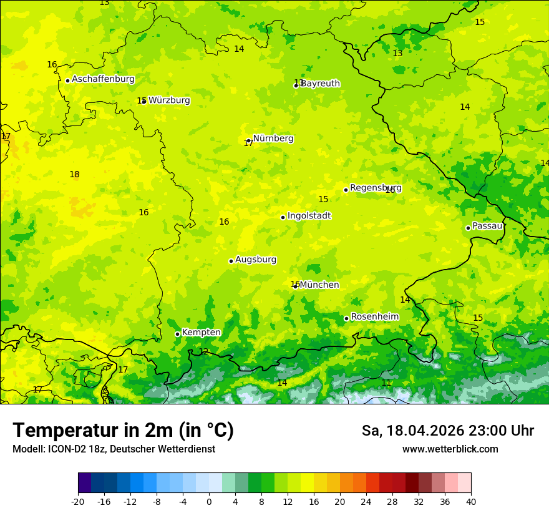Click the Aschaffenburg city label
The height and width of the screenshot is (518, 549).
pos(103,79)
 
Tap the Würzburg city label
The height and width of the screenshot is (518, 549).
pos(169,100)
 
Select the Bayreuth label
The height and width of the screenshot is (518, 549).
pos(321,84)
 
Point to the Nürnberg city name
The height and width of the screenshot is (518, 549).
pos(273,139)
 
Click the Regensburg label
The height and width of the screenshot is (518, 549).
pos(376,188)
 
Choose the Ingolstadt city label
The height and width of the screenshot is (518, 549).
pos(309,216)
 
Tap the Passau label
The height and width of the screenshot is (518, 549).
pos(487,226)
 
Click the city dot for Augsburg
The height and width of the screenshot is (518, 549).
pos(231,261)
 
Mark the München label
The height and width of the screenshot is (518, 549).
pos(319,285)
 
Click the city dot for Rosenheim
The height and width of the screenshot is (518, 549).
pos(346,318)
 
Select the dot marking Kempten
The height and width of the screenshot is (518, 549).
pos(177,334)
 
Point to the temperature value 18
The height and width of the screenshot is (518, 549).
pos(74,175)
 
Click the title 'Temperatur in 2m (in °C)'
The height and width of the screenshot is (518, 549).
pos(123,431)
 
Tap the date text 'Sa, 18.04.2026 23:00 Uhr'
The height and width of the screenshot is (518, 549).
pos(447,431)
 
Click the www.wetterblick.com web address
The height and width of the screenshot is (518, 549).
pos(450,449)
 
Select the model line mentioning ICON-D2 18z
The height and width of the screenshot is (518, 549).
pos(114,449)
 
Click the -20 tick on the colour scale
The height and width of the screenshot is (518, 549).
pos(78,502)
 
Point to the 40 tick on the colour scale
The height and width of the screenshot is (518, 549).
pos(470,502)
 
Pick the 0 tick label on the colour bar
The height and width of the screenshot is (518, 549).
pos(209,502)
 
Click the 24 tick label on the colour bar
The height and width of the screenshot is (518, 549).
pos(366,502)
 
